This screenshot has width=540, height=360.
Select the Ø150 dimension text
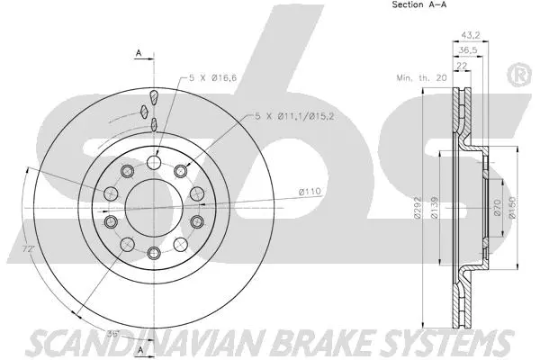[510, 209]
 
